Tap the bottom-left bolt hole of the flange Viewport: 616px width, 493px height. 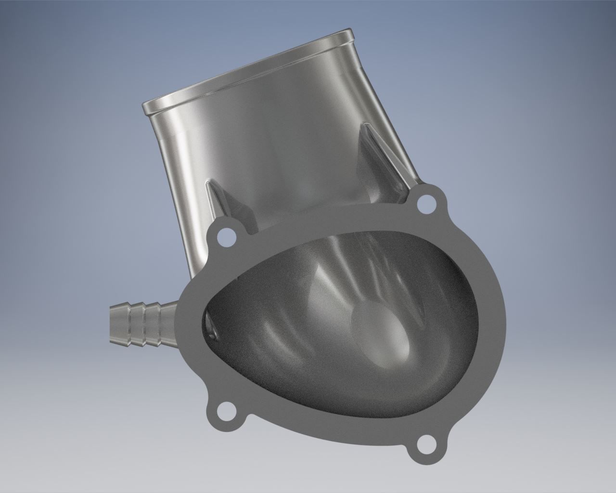tap(224, 413)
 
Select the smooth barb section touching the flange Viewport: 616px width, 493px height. tap(166, 318)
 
